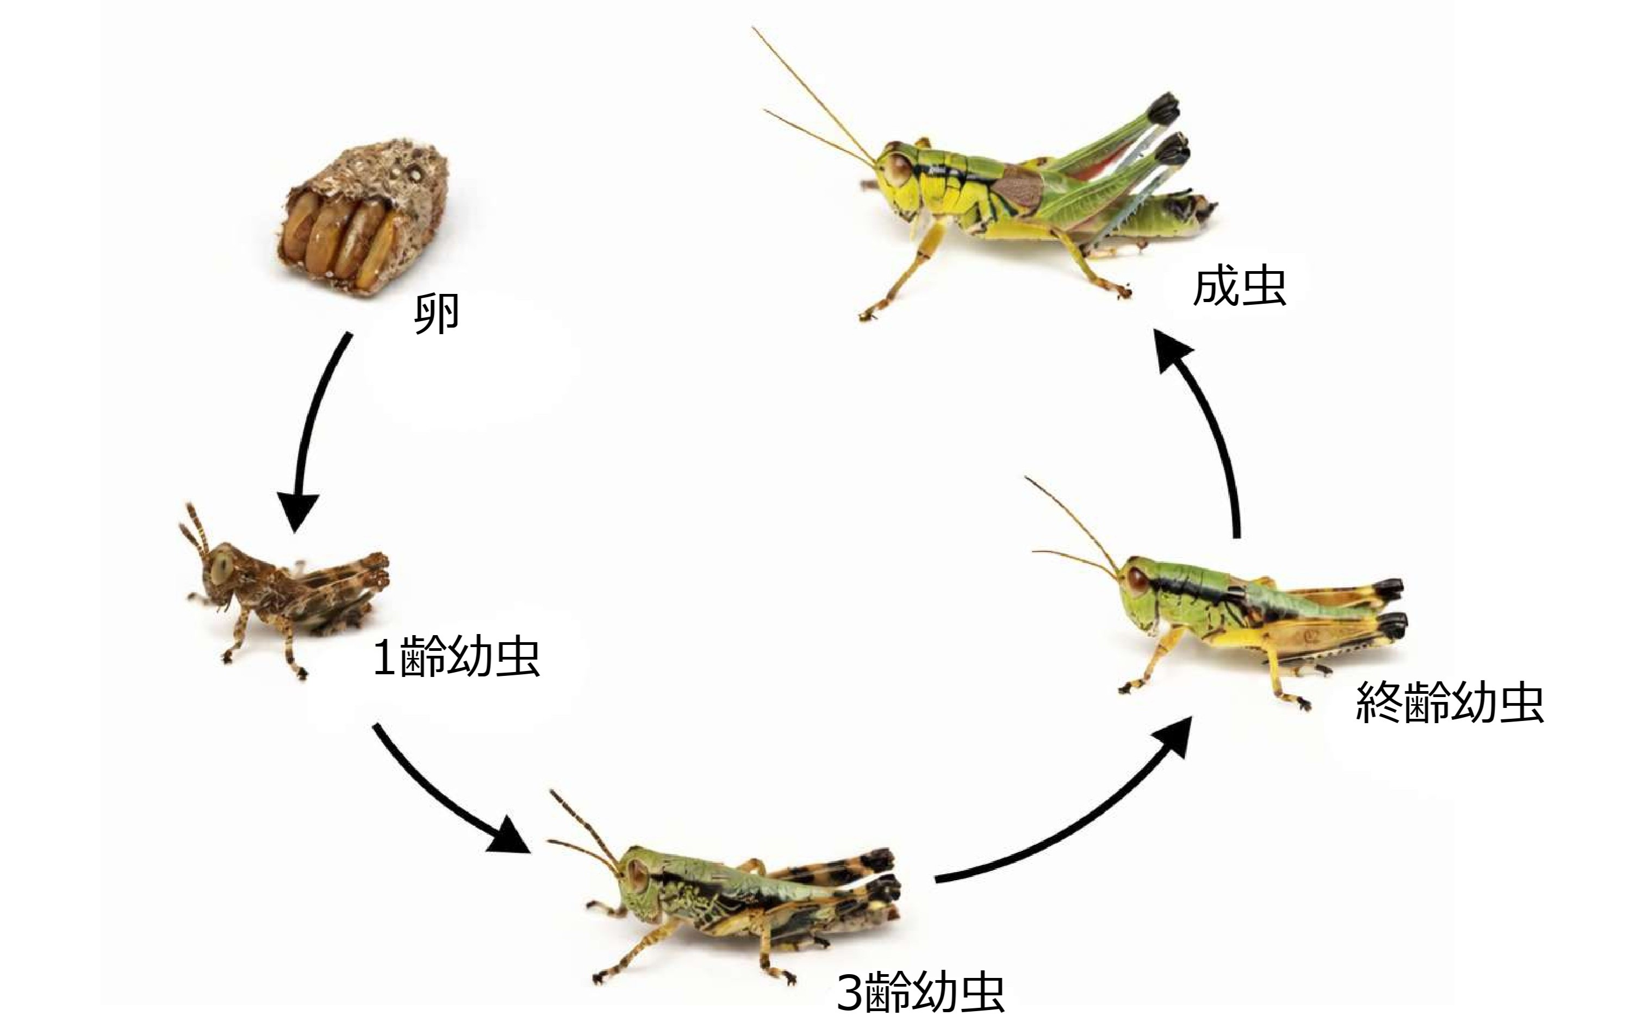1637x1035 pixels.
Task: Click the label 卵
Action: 437,314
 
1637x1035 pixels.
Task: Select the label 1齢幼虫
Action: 456,658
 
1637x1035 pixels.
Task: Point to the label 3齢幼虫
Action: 920,993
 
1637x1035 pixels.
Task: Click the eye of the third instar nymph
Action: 638,873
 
